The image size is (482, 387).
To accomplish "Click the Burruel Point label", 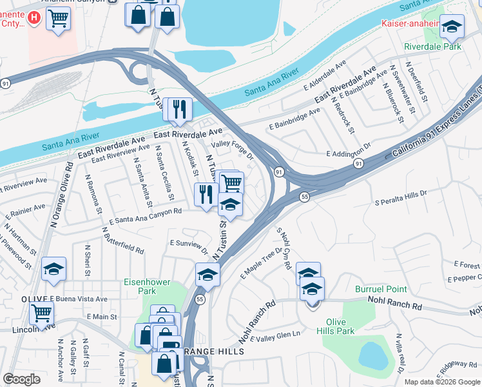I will (381, 289).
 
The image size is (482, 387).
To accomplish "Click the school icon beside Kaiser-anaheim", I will (452, 26).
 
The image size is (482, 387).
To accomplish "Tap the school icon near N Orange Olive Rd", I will (54, 270).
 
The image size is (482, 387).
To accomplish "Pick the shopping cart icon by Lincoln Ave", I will (42, 313).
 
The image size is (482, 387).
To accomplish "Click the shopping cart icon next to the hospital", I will (59, 19).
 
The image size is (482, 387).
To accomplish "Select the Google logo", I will (22, 379).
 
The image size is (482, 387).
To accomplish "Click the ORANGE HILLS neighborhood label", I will (214, 352).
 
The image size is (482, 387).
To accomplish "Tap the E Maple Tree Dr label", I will (261, 264).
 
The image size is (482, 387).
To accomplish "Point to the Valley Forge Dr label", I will (233, 150).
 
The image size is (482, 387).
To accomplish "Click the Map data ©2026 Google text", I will (442, 382).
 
